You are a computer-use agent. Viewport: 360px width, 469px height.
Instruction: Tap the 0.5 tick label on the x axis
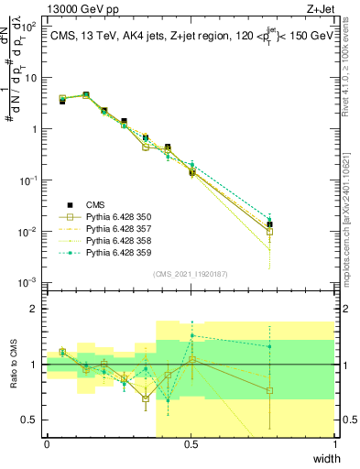[191, 443]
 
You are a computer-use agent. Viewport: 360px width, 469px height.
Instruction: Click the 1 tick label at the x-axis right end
[334, 443]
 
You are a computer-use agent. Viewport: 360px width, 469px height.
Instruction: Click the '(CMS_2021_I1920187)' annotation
[191, 274]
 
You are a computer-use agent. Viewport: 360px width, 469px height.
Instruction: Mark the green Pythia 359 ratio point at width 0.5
[191, 335]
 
